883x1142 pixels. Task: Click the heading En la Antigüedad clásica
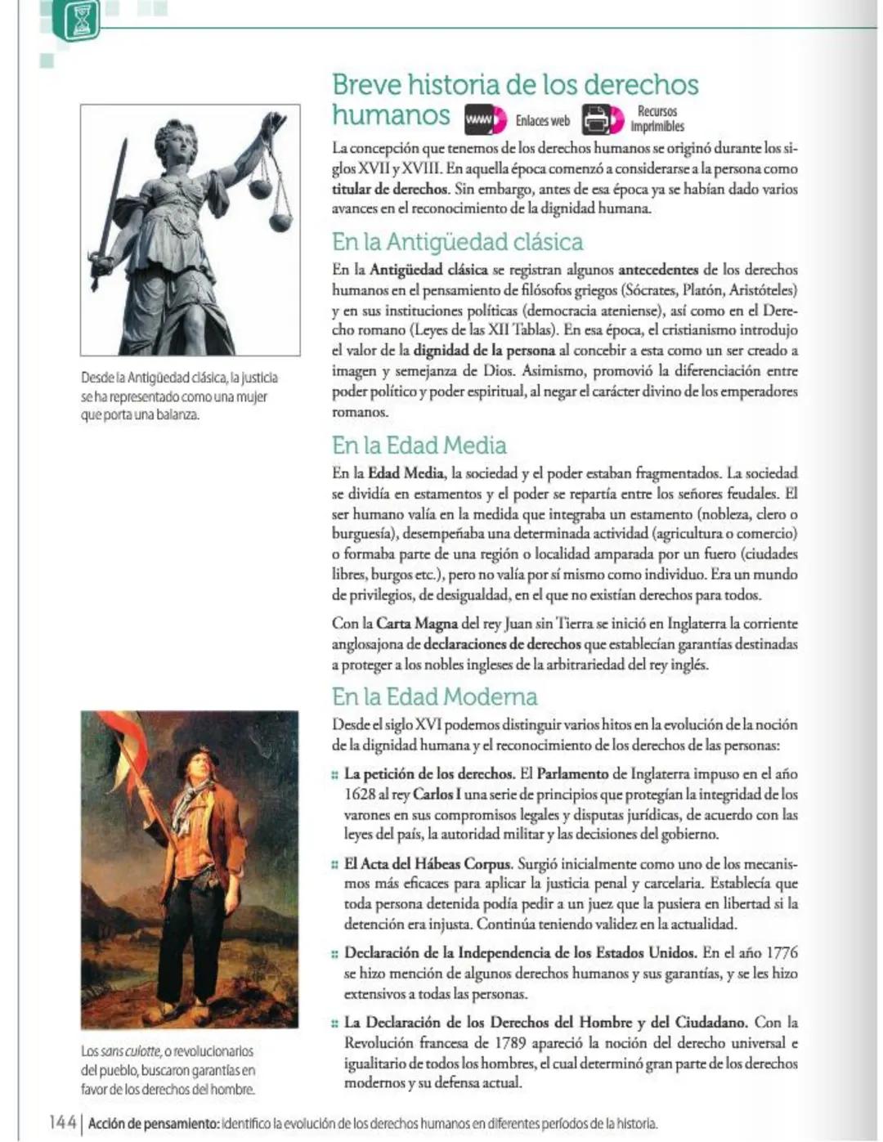(x=457, y=242)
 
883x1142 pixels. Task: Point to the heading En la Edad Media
(x=419, y=446)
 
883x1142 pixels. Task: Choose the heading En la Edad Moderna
(x=434, y=696)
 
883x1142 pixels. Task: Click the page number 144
(x=62, y=1122)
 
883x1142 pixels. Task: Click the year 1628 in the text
(x=360, y=795)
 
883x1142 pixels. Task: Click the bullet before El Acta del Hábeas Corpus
(x=335, y=864)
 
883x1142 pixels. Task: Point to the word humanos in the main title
(x=391, y=115)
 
